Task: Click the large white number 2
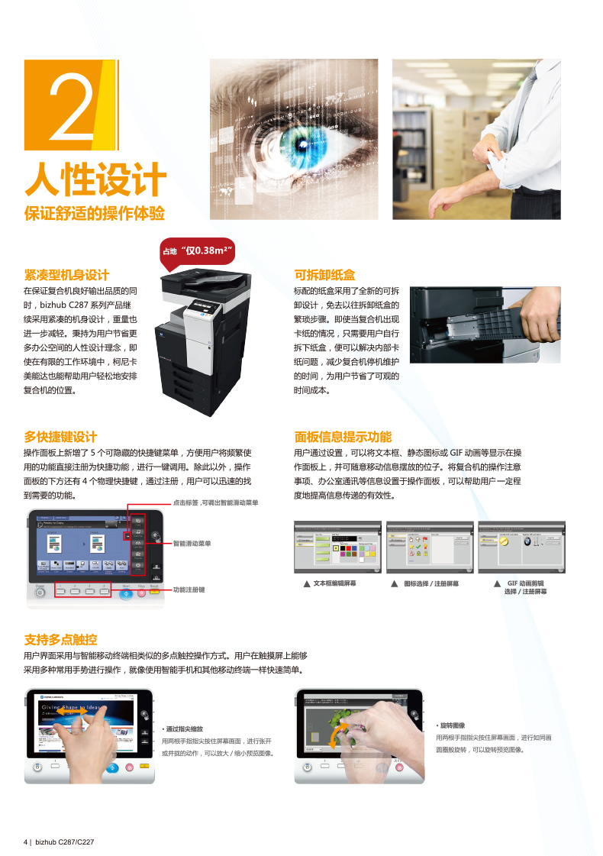coord(72,106)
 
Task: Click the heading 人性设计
coord(95,179)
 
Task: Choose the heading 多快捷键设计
coord(60,437)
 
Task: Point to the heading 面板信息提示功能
coord(343,437)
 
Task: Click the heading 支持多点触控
coord(60,639)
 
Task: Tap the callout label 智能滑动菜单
coord(192,544)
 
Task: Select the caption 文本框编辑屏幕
coord(334,583)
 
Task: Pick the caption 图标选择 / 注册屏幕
coord(430,583)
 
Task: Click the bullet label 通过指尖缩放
coord(183,729)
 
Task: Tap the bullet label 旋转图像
coord(451,725)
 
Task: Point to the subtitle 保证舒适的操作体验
coord(94,213)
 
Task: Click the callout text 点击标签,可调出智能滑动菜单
coord(214,503)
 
